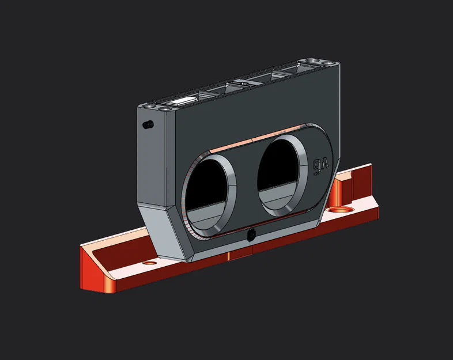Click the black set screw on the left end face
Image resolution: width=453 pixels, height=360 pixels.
[x=148, y=125]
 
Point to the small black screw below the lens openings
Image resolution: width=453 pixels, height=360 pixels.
[x=251, y=234]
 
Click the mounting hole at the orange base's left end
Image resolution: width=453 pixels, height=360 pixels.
[x=150, y=263]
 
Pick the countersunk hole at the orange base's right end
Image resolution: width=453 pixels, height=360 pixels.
[x=341, y=209]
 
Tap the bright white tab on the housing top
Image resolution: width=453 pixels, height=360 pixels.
[x=182, y=101]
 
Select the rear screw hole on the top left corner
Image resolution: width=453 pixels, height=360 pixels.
[x=150, y=107]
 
